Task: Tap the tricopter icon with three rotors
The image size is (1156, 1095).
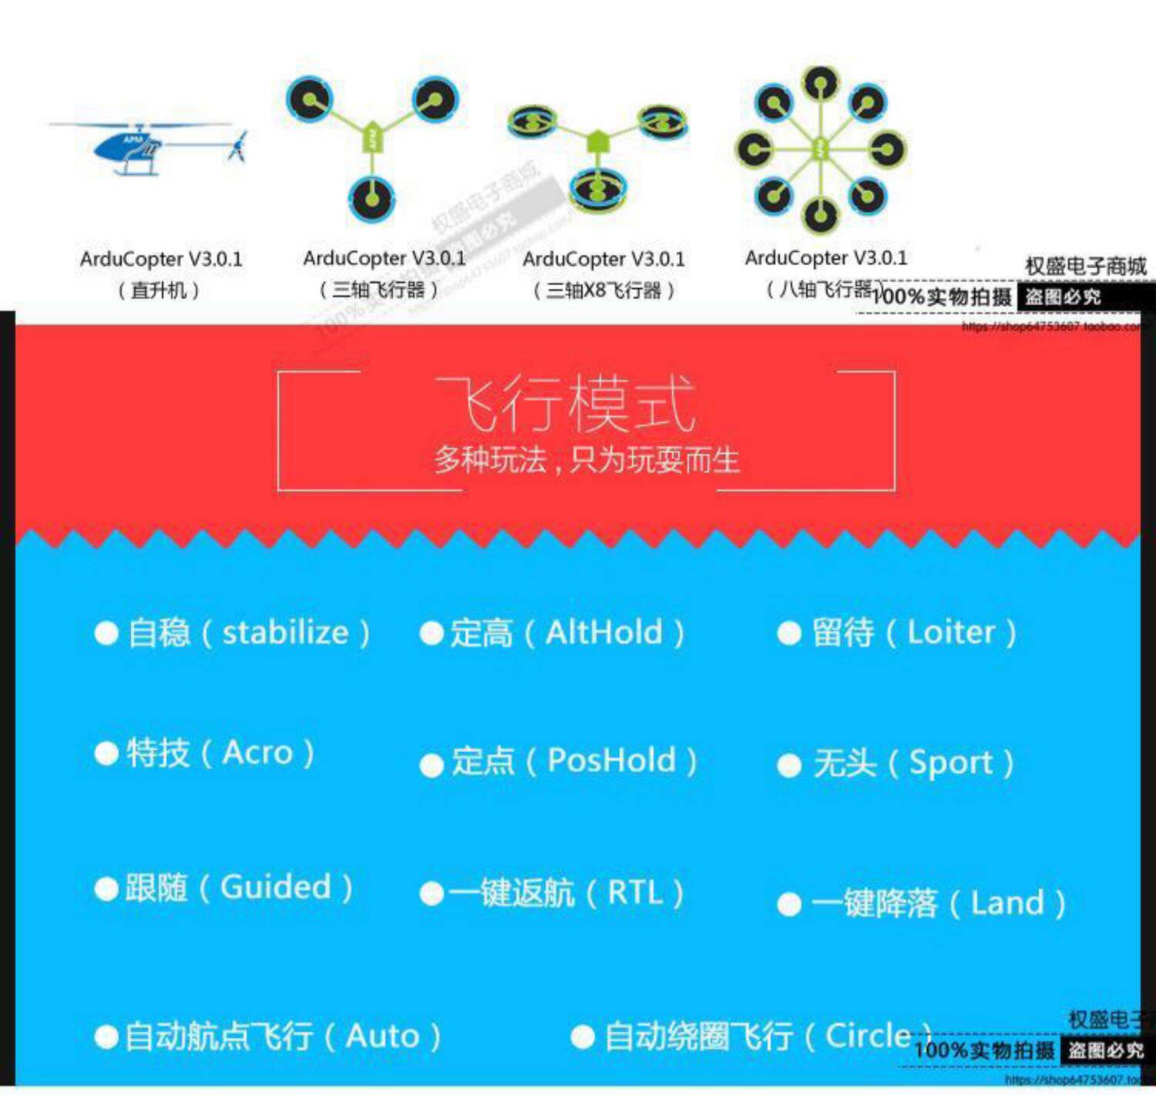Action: pyautogui.click(x=372, y=143)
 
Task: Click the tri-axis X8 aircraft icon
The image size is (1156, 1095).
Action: pyautogui.click(x=597, y=154)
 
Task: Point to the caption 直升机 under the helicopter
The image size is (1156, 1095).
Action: pyautogui.click(x=159, y=291)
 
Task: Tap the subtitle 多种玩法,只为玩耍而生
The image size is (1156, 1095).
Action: pyautogui.click(x=586, y=461)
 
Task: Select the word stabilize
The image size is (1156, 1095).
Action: pyautogui.click(x=285, y=633)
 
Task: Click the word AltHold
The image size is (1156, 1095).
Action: pyautogui.click(x=603, y=633)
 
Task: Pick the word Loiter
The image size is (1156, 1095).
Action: pyautogui.click(x=951, y=633)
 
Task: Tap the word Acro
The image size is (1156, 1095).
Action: pyautogui.click(x=258, y=753)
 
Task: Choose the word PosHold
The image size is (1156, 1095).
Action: pyautogui.click(x=611, y=761)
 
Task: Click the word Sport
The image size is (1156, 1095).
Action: pyautogui.click(x=951, y=763)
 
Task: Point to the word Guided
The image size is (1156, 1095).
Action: pyautogui.click(x=275, y=887)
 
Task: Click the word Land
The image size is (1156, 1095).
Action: pyautogui.click(x=1006, y=902)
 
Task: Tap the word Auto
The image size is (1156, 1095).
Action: pyautogui.click(x=382, y=1036)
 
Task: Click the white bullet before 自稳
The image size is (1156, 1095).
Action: pyautogui.click(x=106, y=633)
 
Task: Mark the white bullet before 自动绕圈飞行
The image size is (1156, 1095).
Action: pyautogui.click(x=583, y=1036)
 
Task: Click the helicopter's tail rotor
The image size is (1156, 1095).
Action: pyautogui.click(x=238, y=146)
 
